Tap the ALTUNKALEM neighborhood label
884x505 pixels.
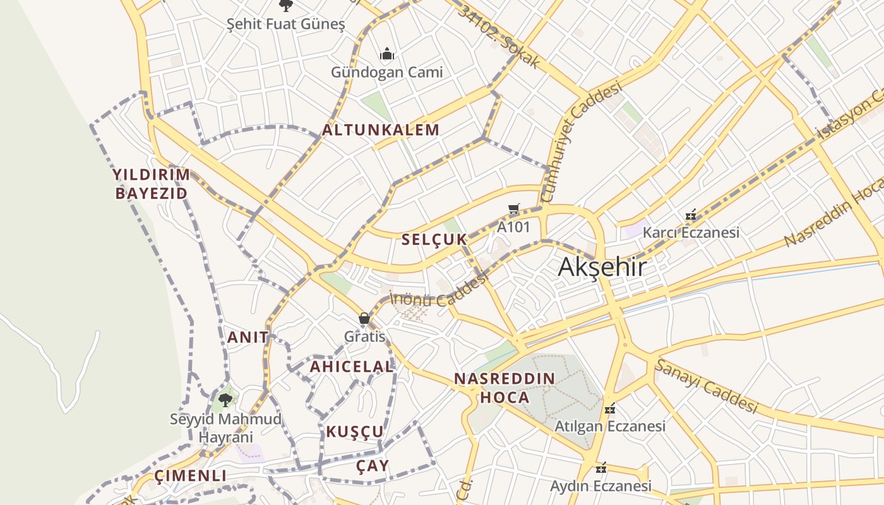tap(381, 131)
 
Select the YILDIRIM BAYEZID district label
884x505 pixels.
tap(152, 184)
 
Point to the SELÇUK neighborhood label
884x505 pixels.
tap(434, 239)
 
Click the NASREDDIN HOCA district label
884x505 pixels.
tap(505, 388)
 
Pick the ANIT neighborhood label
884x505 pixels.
tap(248, 337)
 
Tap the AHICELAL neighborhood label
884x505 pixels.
tap(352, 366)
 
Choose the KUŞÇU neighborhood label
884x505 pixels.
tap(355, 432)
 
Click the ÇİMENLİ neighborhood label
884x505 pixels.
tap(190, 475)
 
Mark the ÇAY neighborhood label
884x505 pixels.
tap(373, 466)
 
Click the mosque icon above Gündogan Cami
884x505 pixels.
tap(387, 54)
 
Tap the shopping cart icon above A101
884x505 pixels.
tap(514, 209)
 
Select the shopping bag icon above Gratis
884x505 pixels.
tap(364, 318)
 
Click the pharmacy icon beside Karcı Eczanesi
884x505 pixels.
tap(691, 215)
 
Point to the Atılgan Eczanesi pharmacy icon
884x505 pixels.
tap(610, 408)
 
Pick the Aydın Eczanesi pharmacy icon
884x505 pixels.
tap(601, 468)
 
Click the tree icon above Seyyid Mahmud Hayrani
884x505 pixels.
tap(225, 400)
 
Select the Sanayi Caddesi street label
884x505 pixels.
tap(705, 386)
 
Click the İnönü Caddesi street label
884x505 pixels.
tap(439, 293)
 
